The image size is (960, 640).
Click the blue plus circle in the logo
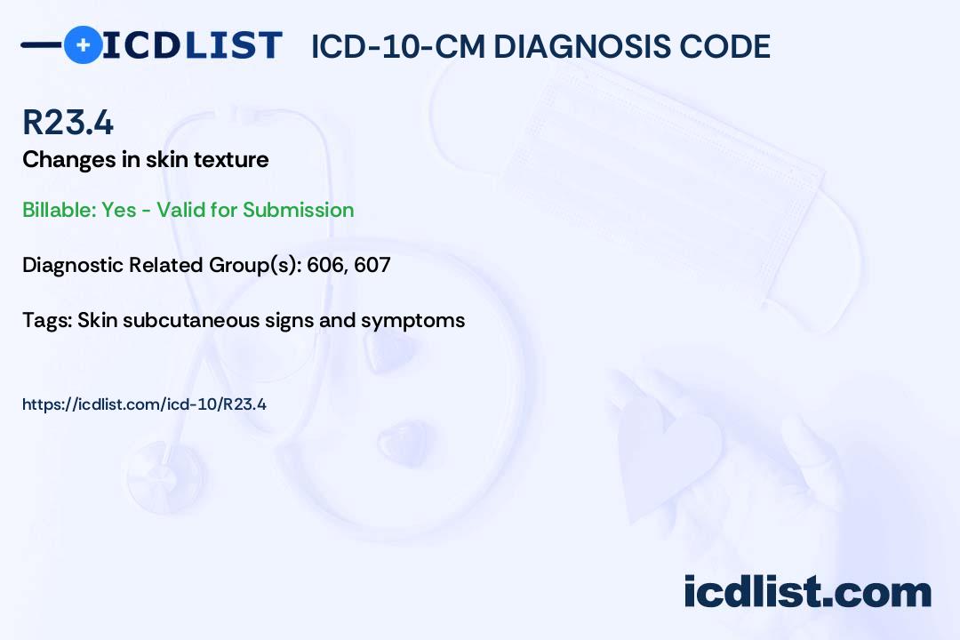83,44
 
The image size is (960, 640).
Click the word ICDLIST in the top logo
192,45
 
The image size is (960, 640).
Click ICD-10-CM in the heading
398,46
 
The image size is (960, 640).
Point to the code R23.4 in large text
68,122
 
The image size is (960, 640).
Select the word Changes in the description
69,160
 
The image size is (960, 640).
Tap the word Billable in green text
60,210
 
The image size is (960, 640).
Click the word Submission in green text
298,210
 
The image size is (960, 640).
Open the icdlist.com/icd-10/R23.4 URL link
145,404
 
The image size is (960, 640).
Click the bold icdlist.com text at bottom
807,592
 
